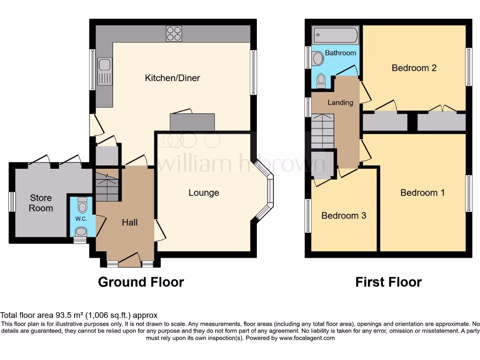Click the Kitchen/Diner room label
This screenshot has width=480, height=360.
click(172, 78)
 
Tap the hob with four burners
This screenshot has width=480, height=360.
click(173, 33)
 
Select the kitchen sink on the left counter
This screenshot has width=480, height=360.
click(105, 72)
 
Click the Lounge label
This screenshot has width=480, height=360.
click(203, 193)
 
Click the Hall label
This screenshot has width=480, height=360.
click(129, 222)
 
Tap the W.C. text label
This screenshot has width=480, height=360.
click(82, 218)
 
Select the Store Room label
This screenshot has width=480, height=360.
click(41, 203)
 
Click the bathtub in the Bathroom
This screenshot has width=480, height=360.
click(336, 35)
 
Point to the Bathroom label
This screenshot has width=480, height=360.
click(340, 53)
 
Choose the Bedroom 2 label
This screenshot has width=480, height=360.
click(414, 68)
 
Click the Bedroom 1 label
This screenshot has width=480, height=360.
click(422, 193)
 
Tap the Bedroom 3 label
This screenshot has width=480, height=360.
click(344, 216)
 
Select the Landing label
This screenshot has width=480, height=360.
click(340, 102)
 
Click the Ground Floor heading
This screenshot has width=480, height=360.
click(141, 282)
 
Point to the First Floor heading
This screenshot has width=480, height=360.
click(388, 282)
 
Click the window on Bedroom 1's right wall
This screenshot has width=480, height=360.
click(468, 193)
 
